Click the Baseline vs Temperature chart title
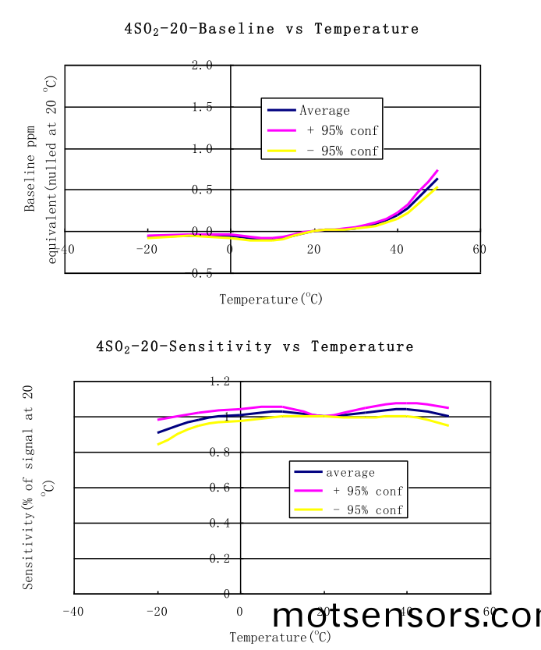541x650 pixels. [271, 29]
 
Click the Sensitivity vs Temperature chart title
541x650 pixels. [255, 346]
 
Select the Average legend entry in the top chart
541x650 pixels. [324, 111]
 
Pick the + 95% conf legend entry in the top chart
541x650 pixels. [342, 131]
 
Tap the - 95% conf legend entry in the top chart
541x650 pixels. [342, 151]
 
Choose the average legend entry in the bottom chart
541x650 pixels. [350, 473]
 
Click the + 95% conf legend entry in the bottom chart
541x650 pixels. [367, 492]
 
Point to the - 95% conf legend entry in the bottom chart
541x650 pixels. [367, 510]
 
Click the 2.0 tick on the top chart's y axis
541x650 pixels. [202, 66]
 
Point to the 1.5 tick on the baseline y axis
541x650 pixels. [202, 107]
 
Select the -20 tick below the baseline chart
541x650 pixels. [145, 249]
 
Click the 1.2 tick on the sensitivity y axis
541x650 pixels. [219, 382]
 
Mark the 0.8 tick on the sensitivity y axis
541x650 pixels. [219, 453]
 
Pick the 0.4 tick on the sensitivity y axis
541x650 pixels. [219, 524]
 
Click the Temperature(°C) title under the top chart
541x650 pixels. [270, 299]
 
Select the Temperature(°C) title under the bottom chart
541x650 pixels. [281, 638]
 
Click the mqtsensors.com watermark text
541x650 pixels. [406, 616]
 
